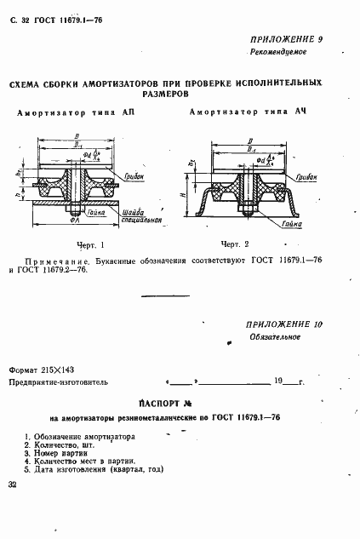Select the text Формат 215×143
[x=43, y=370]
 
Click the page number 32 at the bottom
[x=12, y=485]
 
